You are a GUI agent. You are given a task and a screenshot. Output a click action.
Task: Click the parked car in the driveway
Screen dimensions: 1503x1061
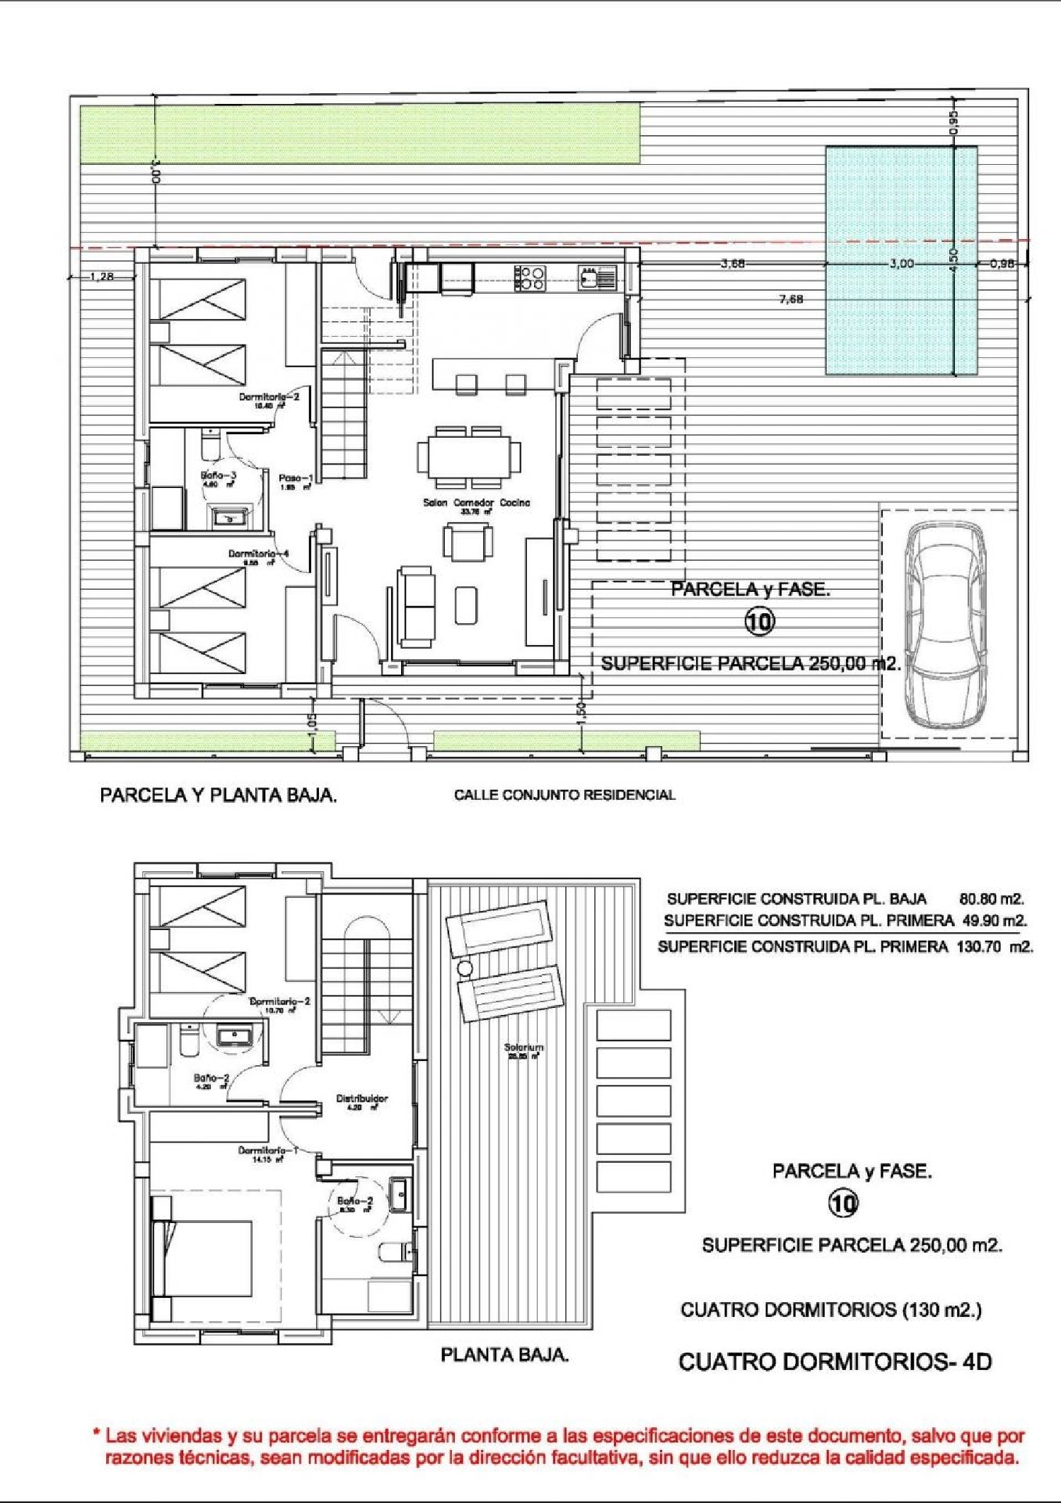click(946, 625)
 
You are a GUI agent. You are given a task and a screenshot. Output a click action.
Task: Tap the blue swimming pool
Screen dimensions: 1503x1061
click(901, 260)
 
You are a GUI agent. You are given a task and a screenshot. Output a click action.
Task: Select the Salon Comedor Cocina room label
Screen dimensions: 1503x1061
click(476, 503)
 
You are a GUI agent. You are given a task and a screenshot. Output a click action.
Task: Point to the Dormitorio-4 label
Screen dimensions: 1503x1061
click(258, 554)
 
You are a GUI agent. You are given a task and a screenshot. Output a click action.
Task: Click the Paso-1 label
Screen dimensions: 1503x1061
click(296, 479)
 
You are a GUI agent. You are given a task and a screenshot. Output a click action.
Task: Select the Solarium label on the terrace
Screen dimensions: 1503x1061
click(523, 1047)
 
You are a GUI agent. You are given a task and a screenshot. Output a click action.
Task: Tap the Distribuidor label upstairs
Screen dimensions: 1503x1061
click(361, 1098)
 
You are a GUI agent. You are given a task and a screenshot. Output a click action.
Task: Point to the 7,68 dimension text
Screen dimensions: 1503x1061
click(791, 299)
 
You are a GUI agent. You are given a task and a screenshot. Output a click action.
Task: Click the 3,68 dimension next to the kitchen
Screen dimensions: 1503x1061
click(733, 264)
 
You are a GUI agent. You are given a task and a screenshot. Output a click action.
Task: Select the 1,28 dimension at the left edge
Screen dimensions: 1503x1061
click(103, 277)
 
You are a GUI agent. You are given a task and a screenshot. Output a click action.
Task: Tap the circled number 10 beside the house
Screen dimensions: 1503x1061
click(759, 622)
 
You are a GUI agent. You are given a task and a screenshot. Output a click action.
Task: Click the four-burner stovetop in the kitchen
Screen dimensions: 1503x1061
click(530, 278)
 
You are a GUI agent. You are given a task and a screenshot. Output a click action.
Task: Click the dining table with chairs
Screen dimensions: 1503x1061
click(468, 457)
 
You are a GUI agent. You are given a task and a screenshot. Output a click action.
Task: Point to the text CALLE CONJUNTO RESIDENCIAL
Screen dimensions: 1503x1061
click(564, 795)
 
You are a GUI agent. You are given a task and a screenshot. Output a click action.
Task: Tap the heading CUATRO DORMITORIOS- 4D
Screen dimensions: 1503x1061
click(835, 1362)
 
